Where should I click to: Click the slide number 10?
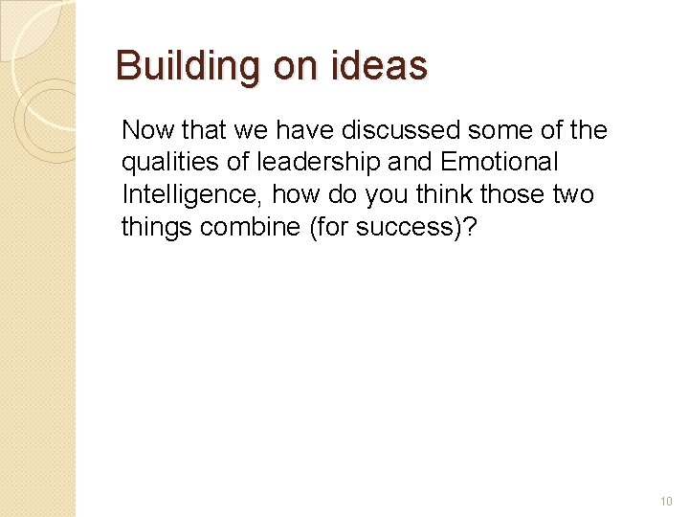666,502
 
